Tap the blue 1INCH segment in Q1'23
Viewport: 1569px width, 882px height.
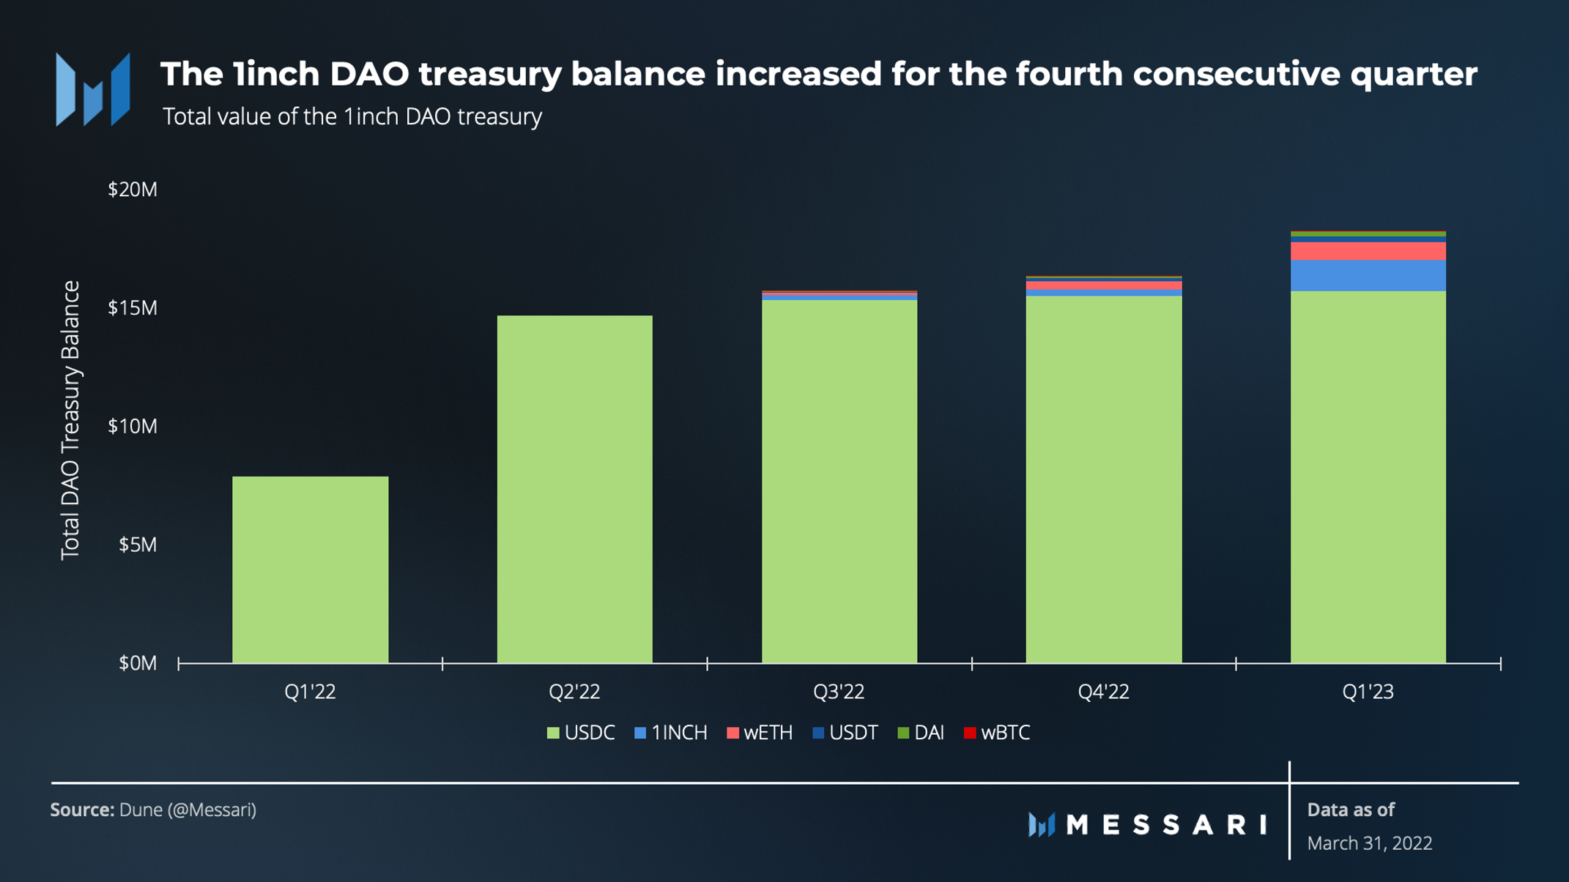[x=1368, y=276]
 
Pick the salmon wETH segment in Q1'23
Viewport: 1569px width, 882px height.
[x=1368, y=251]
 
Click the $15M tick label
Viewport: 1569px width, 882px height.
[x=132, y=308]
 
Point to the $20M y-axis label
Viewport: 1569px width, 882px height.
[x=132, y=190]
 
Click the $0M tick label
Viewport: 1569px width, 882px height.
[x=137, y=663]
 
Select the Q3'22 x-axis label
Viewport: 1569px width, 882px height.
[x=839, y=692]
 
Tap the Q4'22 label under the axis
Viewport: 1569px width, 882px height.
[x=1103, y=692]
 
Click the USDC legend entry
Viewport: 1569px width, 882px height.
[x=581, y=733]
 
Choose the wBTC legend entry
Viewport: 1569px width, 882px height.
[x=997, y=733]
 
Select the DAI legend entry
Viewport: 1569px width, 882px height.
[x=921, y=733]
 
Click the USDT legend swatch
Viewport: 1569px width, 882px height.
[x=819, y=733]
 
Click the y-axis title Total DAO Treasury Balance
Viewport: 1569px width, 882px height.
[x=70, y=420]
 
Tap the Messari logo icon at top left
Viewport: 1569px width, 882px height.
[x=93, y=89]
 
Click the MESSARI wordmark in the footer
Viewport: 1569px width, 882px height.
[x=1166, y=825]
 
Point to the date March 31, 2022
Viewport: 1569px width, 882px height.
[x=1369, y=843]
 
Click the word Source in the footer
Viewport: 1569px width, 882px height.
[x=81, y=810]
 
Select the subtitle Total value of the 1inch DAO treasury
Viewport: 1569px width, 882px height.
[x=352, y=116]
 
